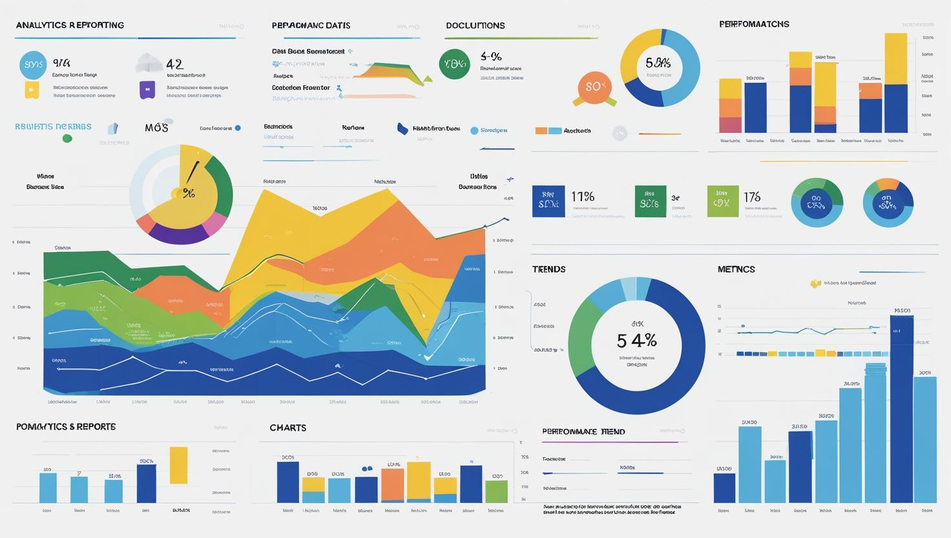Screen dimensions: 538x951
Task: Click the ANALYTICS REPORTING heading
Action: tap(70, 25)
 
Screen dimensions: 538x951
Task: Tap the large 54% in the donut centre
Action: tap(636, 340)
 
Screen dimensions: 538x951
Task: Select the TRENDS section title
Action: tap(549, 269)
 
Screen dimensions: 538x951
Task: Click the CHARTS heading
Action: tap(287, 427)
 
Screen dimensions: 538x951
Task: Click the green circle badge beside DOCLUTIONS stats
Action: tap(454, 64)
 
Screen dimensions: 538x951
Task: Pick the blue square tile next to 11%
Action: tap(548, 200)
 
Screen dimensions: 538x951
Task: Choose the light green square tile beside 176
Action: tap(722, 200)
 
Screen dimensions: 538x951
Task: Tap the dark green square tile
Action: tap(650, 200)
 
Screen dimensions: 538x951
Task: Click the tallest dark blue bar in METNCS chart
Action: tap(901, 407)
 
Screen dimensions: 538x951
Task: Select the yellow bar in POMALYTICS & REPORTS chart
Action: tap(178, 465)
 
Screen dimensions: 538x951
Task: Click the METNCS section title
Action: tap(736, 269)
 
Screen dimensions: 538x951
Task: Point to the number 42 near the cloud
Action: tap(174, 64)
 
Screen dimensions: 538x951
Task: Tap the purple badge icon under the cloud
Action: tap(147, 90)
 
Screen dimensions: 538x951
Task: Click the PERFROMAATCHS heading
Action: tap(754, 24)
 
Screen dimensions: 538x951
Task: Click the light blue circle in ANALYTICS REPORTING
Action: tap(33, 65)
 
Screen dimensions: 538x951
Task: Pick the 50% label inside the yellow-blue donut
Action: tap(658, 63)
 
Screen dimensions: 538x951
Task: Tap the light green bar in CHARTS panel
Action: tap(496, 491)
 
